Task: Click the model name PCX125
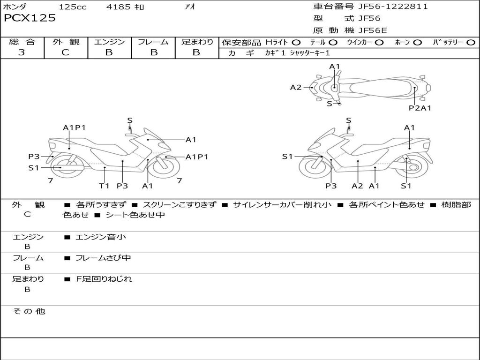30,18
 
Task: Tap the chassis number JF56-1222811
393,6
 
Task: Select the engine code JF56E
373,30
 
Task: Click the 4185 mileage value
118,7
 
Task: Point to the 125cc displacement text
73,7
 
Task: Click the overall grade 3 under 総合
22,52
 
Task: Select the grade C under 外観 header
65,52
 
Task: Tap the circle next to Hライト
296,42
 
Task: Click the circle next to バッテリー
471,42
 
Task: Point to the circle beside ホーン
417,42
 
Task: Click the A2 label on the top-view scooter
296,88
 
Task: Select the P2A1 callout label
420,108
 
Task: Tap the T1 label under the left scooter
104,186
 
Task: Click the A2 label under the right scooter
357,186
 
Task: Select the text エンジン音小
100,237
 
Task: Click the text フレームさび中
103,258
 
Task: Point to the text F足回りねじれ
104,279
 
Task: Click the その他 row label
29,311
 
